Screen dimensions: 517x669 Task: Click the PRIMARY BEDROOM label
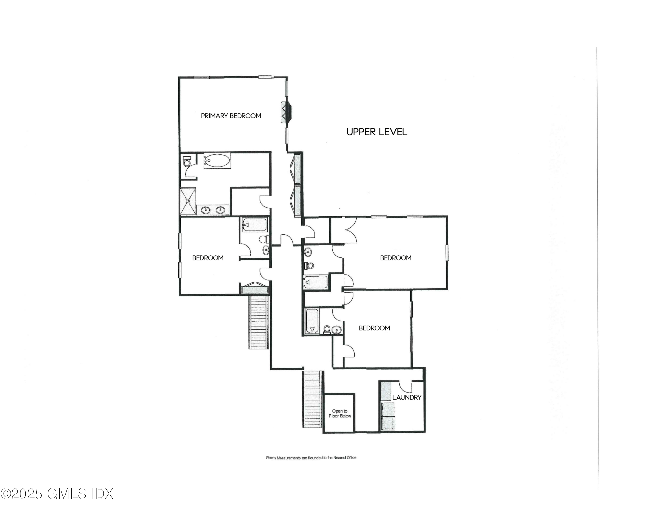click(231, 116)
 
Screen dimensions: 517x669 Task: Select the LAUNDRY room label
click(407, 397)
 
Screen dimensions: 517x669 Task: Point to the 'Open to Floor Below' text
click(340, 414)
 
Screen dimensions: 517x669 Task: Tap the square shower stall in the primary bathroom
click(188, 201)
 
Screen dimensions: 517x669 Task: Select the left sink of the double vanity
click(206, 210)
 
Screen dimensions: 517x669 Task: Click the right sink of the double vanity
click(220, 210)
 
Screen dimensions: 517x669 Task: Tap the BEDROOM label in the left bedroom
click(208, 258)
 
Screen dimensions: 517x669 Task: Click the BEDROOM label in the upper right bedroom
click(395, 258)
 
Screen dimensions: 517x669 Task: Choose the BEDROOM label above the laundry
click(374, 328)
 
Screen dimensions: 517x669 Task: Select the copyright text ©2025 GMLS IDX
click(57, 493)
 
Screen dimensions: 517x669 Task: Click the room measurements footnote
click(311, 458)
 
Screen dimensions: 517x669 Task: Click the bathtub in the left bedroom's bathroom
click(254, 225)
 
